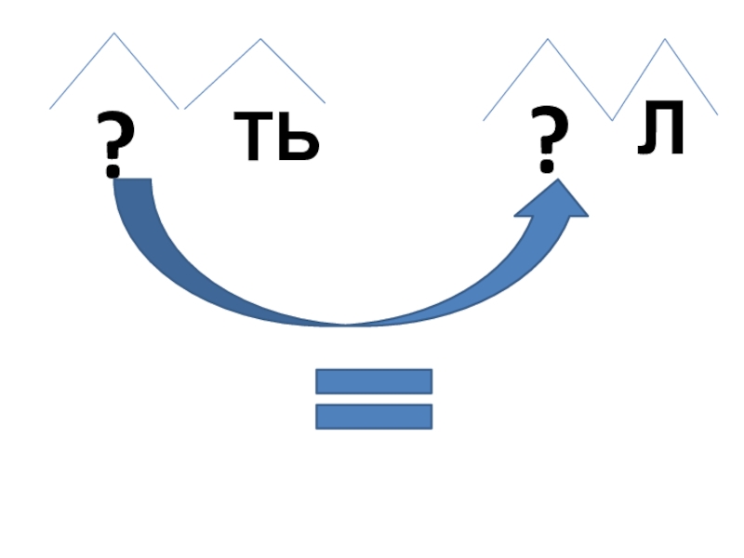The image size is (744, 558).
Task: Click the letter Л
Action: pyautogui.click(x=662, y=131)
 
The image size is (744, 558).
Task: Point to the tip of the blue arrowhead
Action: pyautogui.click(x=561, y=180)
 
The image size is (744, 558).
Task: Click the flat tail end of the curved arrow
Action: pyautogui.click(x=131, y=180)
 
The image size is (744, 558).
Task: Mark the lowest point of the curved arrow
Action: pyautogui.click(x=346, y=325)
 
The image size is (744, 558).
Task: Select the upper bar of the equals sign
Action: pyautogui.click(x=374, y=381)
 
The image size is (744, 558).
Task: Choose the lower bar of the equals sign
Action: pyautogui.click(x=374, y=417)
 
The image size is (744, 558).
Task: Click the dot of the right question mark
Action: pyautogui.click(x=548, y=167)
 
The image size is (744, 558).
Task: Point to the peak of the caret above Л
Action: pyautogui.click(x=665, y=39)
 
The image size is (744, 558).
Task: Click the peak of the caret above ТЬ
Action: pyautogui.click(x=260, y=39)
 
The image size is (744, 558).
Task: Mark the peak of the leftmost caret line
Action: pyautogui.click(x=114, y=33)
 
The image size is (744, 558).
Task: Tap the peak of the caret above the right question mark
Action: pyautogui.click(x=548, y=39)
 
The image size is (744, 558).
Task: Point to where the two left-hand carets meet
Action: pyautogui.click(x=181, y=109)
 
